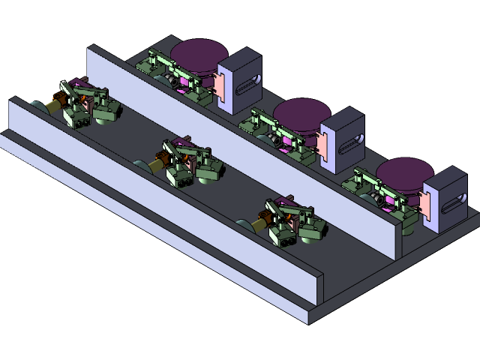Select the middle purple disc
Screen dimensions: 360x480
click(302, 115)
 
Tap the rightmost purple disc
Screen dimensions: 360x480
click(405, 173)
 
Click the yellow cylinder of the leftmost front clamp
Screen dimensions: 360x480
click(55, 106)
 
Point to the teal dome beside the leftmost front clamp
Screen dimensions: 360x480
click(37, 106)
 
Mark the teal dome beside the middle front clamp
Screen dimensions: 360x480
click(140, 164)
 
